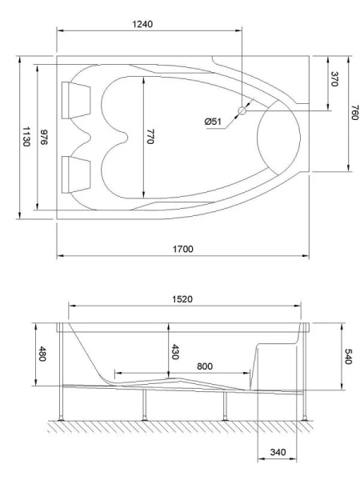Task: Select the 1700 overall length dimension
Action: pyautogui.click(x=183, y=249)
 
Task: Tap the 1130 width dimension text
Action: pyautogui.click(x=26, y=136)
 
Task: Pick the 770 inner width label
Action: pyautogui.click(x=149, y=136)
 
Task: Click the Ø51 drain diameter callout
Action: pyautogui.click(x=213, y=121)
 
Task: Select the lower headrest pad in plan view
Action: pyautogui.click(x=77, y=170)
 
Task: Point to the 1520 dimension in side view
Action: pyautogui.click(x=185, y=298)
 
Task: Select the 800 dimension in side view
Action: pyautogui.click(x=204, y=366)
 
